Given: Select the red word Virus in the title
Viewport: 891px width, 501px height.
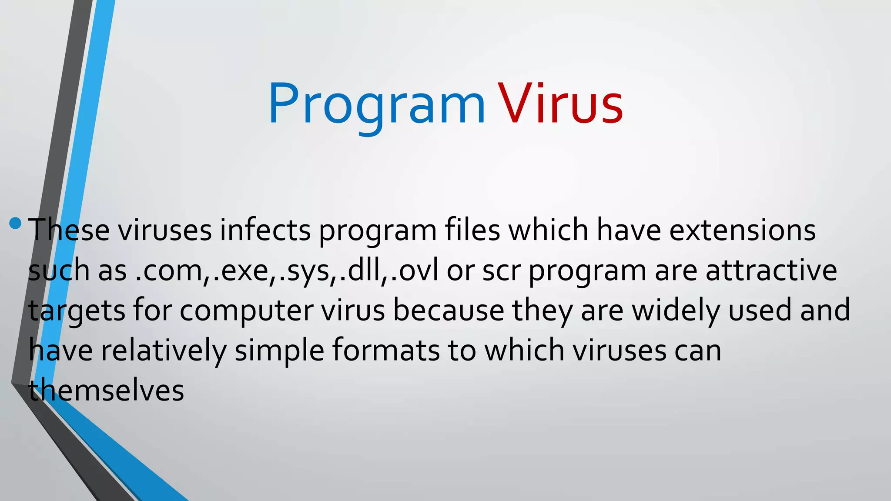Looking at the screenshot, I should [560, 104].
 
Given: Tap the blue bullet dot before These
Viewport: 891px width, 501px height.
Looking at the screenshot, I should [15, 224].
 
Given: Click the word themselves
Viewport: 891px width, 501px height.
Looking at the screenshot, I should [106, 390].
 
